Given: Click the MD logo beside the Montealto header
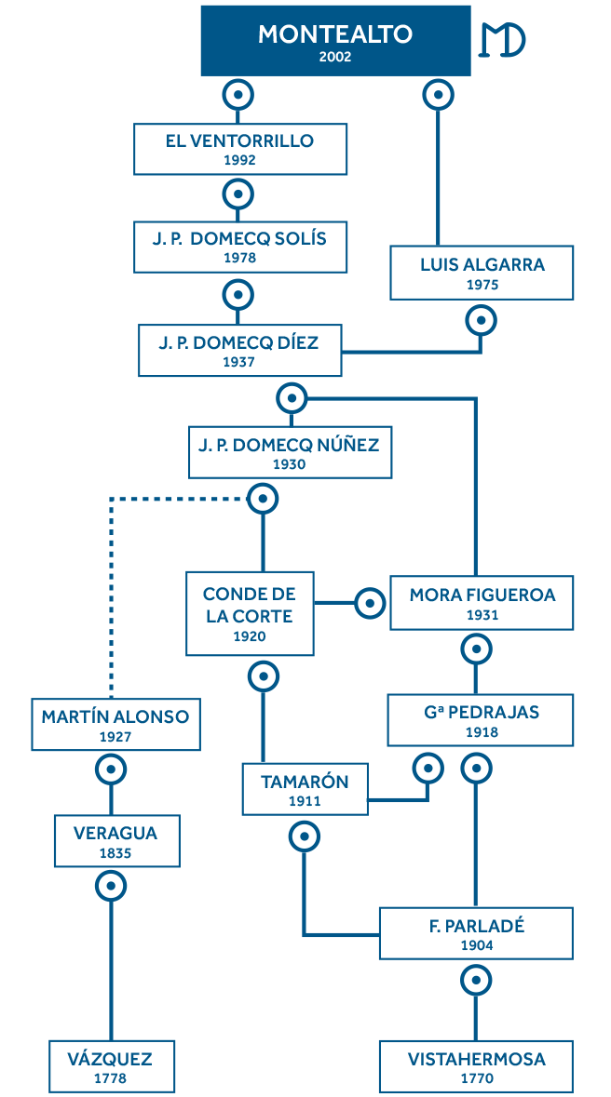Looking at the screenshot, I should (502, 40).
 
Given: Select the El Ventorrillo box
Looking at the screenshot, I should (239, 149).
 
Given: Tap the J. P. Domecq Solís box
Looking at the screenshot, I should (239, 247).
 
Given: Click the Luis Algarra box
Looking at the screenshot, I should (482, 274).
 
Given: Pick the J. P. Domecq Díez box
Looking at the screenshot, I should (239, 351).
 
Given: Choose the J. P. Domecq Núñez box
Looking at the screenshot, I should (289, 452).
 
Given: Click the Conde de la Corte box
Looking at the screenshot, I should (250, 614).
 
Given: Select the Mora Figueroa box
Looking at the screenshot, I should (482, 603).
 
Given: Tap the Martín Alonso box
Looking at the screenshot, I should (115, 724).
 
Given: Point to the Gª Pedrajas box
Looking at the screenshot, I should (481, 720).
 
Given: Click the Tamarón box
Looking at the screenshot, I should (305, 789).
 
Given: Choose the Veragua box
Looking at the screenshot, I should (115, 841).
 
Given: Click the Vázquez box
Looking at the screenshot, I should (111, 1067).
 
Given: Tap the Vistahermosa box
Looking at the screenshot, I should (476, 1067).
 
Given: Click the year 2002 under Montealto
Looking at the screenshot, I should (335, 57).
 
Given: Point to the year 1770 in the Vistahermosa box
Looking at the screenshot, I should (476, 1079).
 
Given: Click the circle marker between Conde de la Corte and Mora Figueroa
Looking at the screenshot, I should (370, 604).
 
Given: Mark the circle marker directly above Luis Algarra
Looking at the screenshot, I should (438, 94).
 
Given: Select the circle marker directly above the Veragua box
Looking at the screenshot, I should (111, 769).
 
